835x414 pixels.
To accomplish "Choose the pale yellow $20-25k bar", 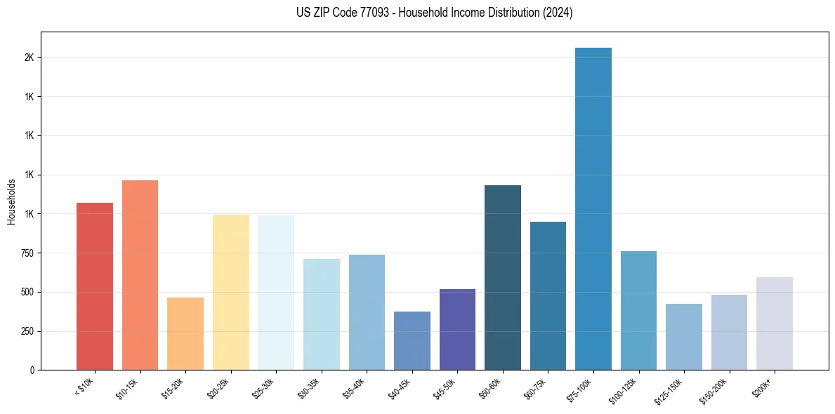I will pyautogui.click(x=231, y=292).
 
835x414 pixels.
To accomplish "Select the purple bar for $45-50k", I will pyautogui.click(x=457, y=329).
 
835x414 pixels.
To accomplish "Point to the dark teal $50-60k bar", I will pyautogui.click(x=503, y=277).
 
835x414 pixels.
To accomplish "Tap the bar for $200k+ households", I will pyautogui.click(x=775, y=323).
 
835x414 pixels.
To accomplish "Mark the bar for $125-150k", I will pyautogui.click(x=684, y=337).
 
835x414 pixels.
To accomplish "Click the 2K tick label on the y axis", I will pyautogui.click(x=29, y=58).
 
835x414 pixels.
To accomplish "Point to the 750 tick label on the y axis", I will pyautogui.click(x=27, y=253).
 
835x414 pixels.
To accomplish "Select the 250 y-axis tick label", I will pyautogui.click(x=27, y=331).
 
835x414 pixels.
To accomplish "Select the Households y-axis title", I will pyautogui.click(x=11, y=201).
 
